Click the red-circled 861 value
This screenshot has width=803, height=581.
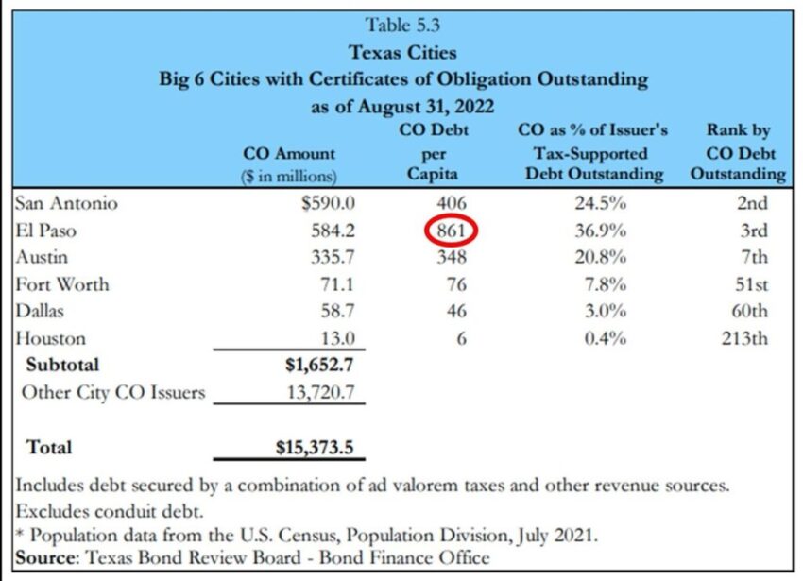point(452,231)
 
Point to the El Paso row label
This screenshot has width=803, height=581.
point(46,231)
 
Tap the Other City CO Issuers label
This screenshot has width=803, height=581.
point(113,392)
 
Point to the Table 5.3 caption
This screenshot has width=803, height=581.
point(402,26)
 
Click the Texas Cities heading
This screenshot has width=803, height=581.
point(402,52)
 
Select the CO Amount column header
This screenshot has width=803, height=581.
point(289,153)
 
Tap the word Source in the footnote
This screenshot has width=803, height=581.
point(44,557)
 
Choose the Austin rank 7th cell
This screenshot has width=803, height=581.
point(748,257)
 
